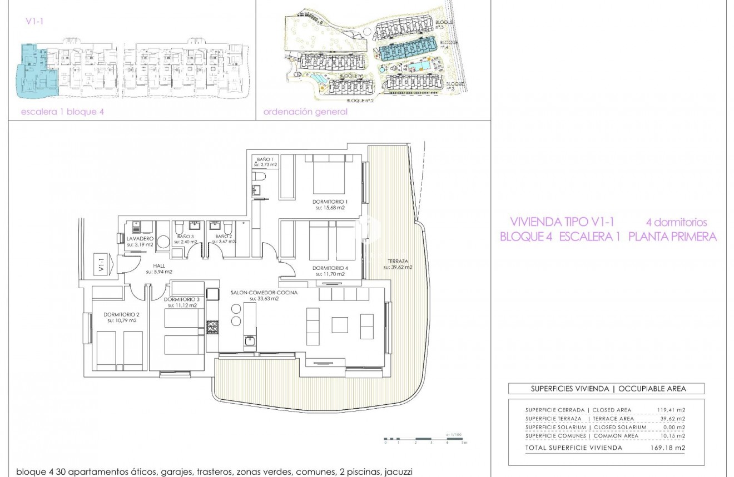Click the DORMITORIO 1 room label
[x=329, y=202]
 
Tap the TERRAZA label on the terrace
[x=397, y=260]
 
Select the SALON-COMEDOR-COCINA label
[x=264, y=292]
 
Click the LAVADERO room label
[x=140, y=238]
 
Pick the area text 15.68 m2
[x=330, y=208]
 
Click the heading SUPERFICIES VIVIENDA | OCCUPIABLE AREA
[x=606, y=389]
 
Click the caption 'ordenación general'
[x=305, y=112]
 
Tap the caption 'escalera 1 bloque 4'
[x=62, y=112]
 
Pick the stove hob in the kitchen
[x=212, y=329]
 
